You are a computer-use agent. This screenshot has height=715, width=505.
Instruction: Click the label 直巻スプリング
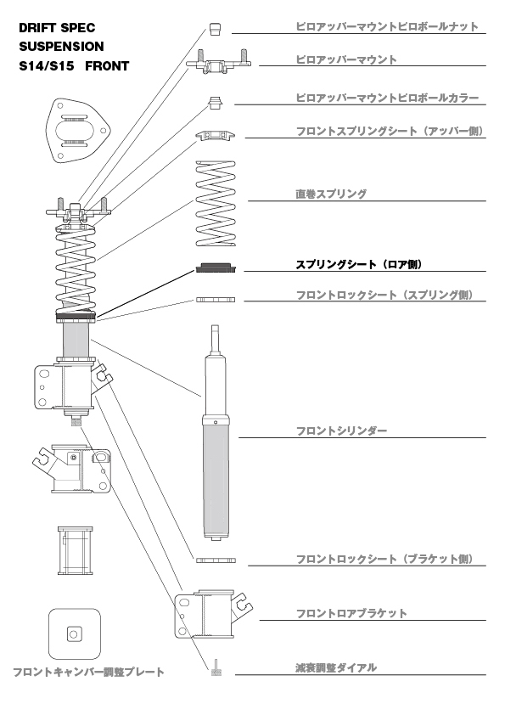click(x=331, y=194)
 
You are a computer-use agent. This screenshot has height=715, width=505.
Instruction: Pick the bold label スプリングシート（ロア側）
click(x=358, y=265)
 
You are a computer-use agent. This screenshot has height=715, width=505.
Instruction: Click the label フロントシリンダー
click(x=341, y=431)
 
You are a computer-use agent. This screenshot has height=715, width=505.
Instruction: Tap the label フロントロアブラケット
click(x=351, y=613)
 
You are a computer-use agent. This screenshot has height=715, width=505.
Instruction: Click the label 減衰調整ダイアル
click(x=336, y=668)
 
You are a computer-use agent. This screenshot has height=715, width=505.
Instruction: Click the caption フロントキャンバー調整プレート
click(x=88, y=673)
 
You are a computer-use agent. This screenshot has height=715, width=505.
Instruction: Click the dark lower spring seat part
click(x=215, y=268)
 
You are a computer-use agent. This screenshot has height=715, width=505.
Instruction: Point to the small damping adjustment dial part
click(x=216, y=668)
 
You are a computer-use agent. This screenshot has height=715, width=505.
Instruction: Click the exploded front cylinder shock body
click(x=215, y=459)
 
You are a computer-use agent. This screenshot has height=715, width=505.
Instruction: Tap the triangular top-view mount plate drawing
click(x=77, y=132)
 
